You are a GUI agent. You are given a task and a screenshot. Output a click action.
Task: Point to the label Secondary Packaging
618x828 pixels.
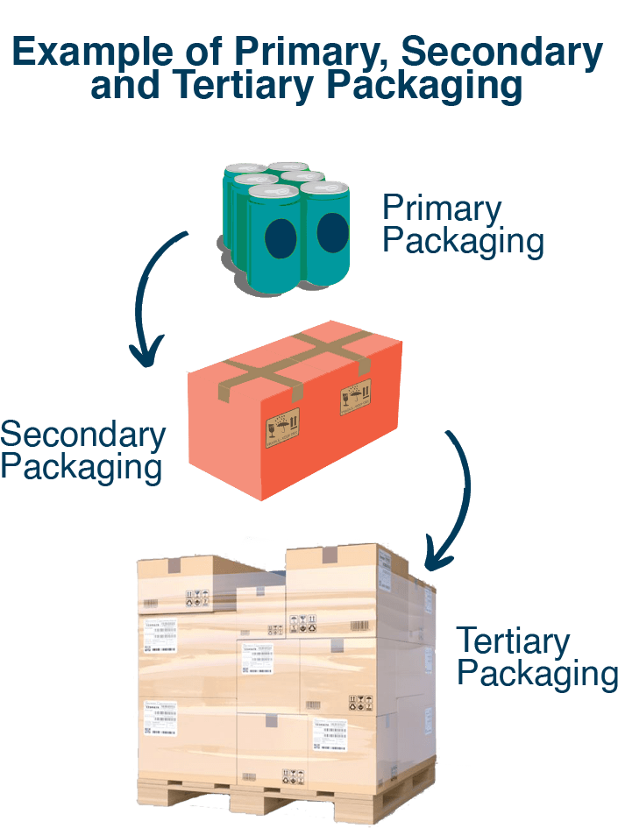click(82, 450)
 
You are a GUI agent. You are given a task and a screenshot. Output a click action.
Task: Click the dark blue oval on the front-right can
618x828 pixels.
click(332, 232)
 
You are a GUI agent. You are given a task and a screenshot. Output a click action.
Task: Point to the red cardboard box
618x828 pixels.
click(294, 412)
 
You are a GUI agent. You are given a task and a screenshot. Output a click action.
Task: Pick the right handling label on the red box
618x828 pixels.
click(352, 401)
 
